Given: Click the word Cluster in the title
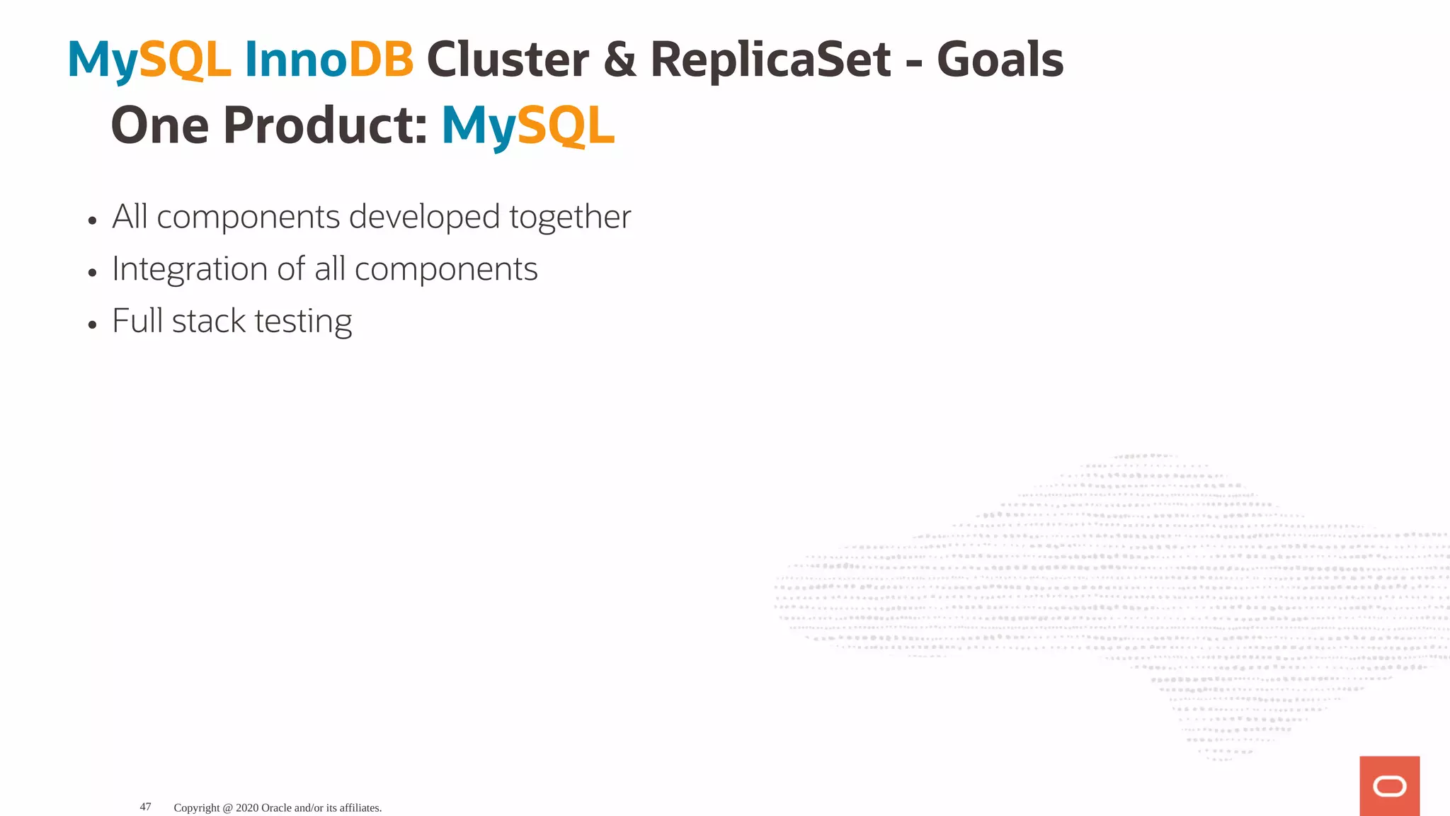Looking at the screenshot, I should tap(507, 59).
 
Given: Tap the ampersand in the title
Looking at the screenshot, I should tap(620, 59).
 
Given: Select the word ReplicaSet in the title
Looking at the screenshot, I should tap(770, 59).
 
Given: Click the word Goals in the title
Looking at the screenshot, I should tap(1000, 59).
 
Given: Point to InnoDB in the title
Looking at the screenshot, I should tap(329, 59).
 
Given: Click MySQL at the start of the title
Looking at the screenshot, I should tap(149, 59).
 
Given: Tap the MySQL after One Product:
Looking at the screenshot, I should tap(527, 126).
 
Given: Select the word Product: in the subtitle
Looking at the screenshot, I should tap(325, 126).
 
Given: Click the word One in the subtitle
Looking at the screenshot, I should tap(160, 126).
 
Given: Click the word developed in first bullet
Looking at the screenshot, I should tap(424, 217).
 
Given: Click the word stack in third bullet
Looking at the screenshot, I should tap(208, 322).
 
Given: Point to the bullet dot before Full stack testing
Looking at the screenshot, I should tap(92, 325).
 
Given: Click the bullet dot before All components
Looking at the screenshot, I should tap(92, 221).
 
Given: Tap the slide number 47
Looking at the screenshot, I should tap(145, 807).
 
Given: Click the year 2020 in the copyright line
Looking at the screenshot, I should tap(247, 807).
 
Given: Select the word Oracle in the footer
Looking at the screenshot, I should tap(276, 807).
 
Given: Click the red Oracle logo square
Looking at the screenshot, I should tap(1389, 786).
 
